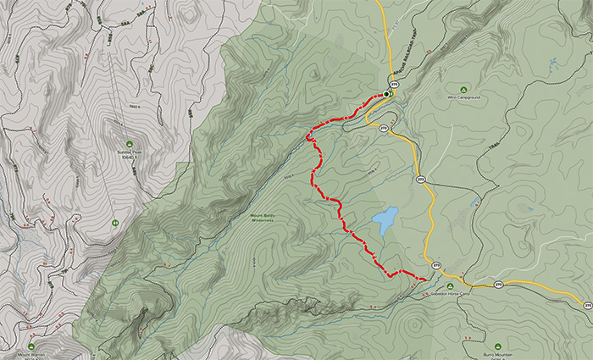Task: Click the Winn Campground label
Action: click(463, 97)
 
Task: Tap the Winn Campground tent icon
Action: click(463, 89)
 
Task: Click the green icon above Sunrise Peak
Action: click(129, 142)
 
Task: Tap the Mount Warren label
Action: click(30, 355)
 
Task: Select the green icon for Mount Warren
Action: click(30, 346)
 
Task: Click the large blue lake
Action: click(385, 221)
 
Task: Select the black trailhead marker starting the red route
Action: click(387, 94)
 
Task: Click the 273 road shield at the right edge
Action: click(587, 303)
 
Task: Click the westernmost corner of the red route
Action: click(308, 134)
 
